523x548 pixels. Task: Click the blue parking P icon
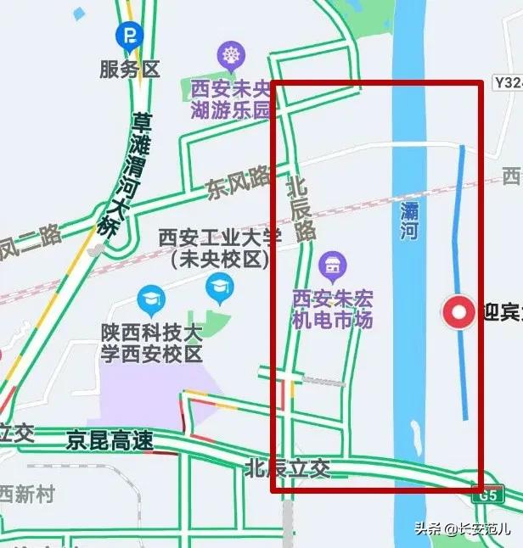point(130,35)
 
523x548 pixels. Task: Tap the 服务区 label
point(130,69)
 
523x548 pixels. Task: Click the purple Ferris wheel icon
point(229,57)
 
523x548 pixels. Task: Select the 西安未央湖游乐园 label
point(230,98)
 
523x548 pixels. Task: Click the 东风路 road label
point(239,182)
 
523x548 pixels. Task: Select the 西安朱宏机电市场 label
point(332,309)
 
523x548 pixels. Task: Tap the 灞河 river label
point(410,220)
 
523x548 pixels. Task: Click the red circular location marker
point(460,313)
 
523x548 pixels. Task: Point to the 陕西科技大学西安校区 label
point(151,342)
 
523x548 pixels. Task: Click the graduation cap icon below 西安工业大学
point(219,290)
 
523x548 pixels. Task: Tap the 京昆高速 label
point(110,441)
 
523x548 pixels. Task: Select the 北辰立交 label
point(286,467)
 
